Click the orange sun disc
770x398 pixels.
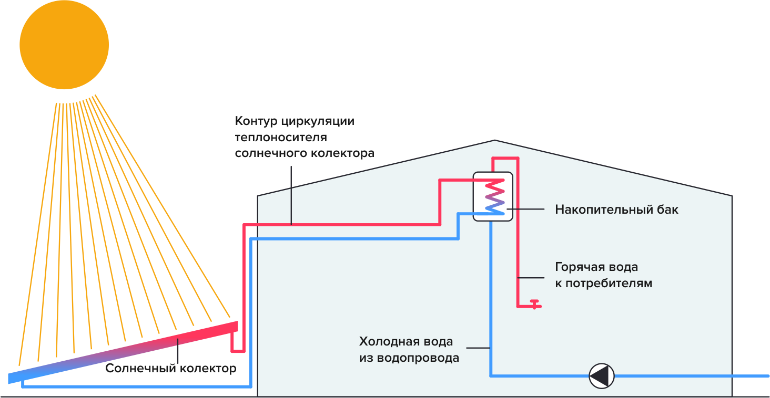64,45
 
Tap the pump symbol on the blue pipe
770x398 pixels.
601,376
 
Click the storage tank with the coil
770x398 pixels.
493,196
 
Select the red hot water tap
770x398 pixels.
534,304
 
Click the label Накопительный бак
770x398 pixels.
616,210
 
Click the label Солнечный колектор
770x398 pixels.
170,369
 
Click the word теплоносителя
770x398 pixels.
281,138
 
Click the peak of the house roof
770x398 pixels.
494,140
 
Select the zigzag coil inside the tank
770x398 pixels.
494,196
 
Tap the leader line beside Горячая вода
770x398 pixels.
532,277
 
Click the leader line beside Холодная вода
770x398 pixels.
479,348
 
